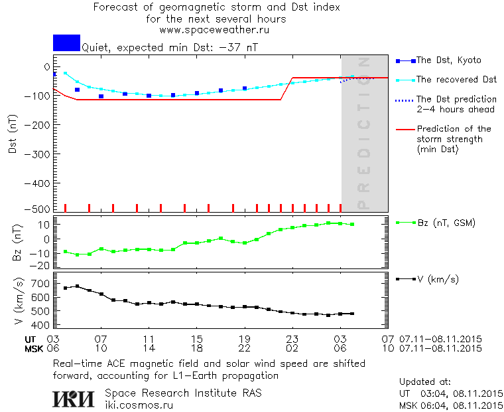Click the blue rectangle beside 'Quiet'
tap(66, 43)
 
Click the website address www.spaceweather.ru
tap(214, 30)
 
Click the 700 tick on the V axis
tap(41, 284)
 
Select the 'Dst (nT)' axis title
tap(13, 136)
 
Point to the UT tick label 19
tap(245, 339)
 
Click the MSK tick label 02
tap(292, 348)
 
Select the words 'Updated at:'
tap(425, 382)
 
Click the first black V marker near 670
tap(65, 288)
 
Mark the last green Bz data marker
tap(352, 225)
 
